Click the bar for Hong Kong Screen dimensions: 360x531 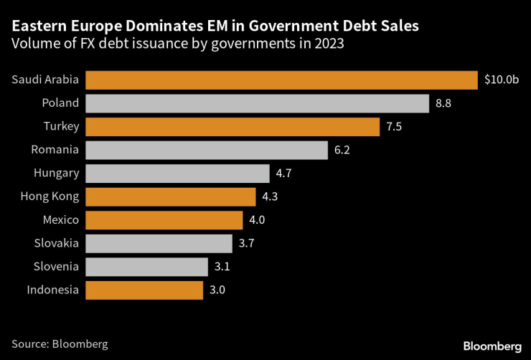[170, 196]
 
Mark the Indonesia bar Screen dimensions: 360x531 [144, 290]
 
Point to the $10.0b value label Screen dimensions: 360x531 [501, 80]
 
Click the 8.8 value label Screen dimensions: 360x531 [444, 103]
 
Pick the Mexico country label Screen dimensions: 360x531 [60, 220]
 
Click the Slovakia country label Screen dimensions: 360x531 [56, 243]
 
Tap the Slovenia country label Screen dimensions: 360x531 [56, 267]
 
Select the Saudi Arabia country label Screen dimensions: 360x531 [45, 80]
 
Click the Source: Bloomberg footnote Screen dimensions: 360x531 [60, 344]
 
